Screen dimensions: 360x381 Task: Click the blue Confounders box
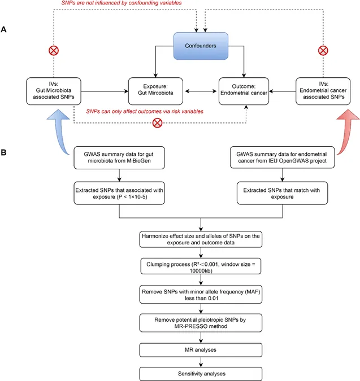click(x=201, y=46)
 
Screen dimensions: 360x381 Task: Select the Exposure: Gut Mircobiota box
click(x=155, y=91)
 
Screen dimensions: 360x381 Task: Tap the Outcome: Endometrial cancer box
click(x=244, y=91)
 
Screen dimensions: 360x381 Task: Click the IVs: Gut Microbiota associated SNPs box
click(x=54, y=91)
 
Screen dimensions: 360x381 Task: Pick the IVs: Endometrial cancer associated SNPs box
click(x=323, y=91)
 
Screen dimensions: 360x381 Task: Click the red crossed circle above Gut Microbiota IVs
click(x=54, y=51)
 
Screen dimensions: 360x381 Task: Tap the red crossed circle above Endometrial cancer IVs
click(x=323, y=51)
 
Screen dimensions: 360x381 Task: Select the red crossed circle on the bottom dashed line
click(x=157, y=123)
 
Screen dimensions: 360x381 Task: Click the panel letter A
click(x=3, y=29)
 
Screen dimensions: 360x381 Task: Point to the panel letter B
click(x=3, y=152)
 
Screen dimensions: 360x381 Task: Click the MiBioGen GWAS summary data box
click(x=119, y=157)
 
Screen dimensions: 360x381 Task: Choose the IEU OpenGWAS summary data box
click(x=282, y=157)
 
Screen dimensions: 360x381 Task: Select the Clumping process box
click(x=201, y=266)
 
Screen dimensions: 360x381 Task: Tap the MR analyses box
click(x=201, y=350)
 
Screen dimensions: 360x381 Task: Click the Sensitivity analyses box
click(x=201, y=374)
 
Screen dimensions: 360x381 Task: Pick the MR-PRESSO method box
click(x=201, y=323)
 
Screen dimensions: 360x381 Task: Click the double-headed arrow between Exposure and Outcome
click(x=201, y=91)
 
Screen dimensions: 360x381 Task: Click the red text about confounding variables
click(x=122, y=3)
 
